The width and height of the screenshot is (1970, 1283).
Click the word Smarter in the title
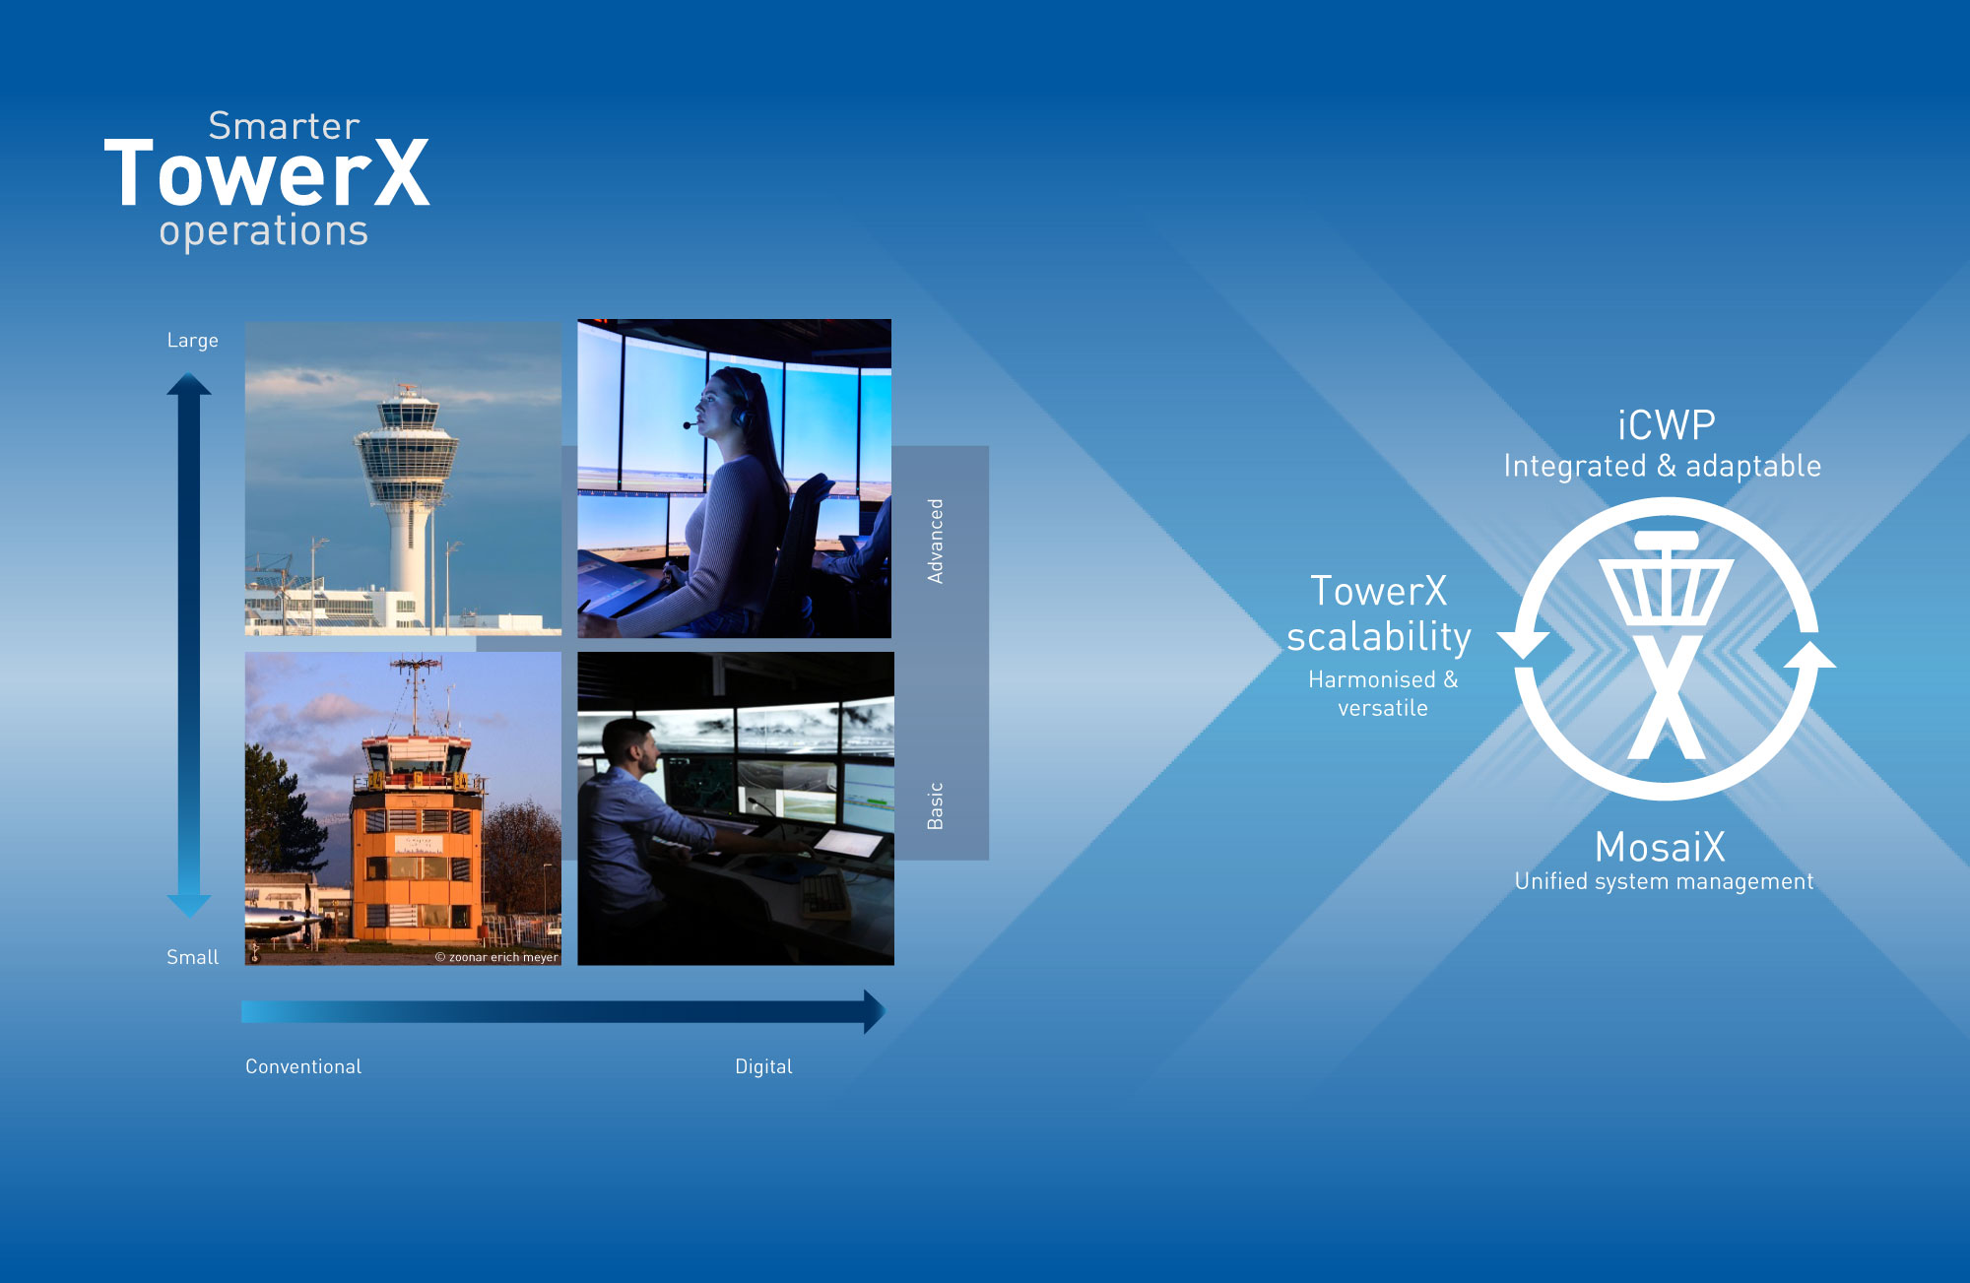tap(284, 126)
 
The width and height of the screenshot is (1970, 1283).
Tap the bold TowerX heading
tap(267, 173)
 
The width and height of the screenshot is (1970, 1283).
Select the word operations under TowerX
tap(264, 231)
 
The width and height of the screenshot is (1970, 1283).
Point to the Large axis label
tap(192, 341)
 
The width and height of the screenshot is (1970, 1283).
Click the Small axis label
tap(192, 957)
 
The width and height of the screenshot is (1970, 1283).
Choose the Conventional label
tap(303, 1066)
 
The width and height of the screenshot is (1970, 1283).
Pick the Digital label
tap(763, 1066)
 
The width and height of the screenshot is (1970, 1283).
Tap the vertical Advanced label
tap(936, 541)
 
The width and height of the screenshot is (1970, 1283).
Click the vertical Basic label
tap(936, 805)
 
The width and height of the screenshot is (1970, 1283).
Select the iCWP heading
tap(1667, 425)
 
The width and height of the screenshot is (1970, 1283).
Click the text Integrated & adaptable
tap(1662, 466)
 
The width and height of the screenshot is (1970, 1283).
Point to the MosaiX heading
tap(1660, 847)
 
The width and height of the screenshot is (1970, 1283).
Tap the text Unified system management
tap(1664, 881)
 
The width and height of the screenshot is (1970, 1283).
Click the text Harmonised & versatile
tap(1383, 693)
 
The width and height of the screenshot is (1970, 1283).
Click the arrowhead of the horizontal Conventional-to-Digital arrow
tap(875, 1011)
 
